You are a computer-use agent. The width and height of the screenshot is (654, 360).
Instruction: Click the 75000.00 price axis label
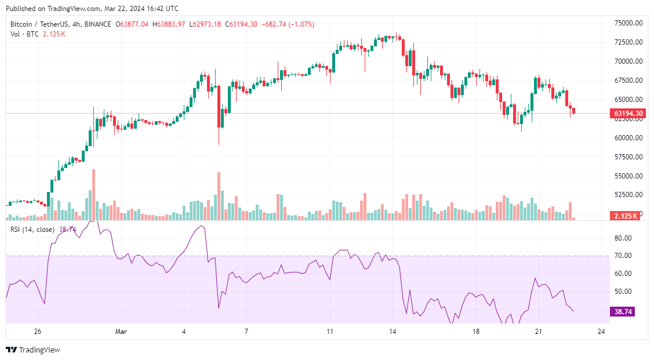628,23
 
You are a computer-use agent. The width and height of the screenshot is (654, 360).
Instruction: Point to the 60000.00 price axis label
628,138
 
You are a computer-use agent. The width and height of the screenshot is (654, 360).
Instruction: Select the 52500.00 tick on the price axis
628,195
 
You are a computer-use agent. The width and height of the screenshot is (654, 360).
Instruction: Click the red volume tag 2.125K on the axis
626,216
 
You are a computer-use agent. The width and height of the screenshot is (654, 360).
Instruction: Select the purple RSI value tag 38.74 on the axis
623,312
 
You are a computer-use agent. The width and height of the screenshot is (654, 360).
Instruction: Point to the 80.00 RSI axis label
623,238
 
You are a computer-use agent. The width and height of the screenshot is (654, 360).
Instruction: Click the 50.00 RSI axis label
623,292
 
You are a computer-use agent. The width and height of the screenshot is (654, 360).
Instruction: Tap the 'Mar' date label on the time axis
121,332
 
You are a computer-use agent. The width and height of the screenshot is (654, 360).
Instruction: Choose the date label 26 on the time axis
38,332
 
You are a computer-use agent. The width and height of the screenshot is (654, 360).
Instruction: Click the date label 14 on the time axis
393,332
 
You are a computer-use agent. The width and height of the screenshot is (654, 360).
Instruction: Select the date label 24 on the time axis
601,332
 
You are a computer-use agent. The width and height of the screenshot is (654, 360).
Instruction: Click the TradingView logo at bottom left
33,350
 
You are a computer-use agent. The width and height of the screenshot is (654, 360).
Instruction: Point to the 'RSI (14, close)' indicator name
32,230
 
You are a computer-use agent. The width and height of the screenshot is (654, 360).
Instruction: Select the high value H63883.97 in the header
169,24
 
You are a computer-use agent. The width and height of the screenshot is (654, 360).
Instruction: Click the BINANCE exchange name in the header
100,24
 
